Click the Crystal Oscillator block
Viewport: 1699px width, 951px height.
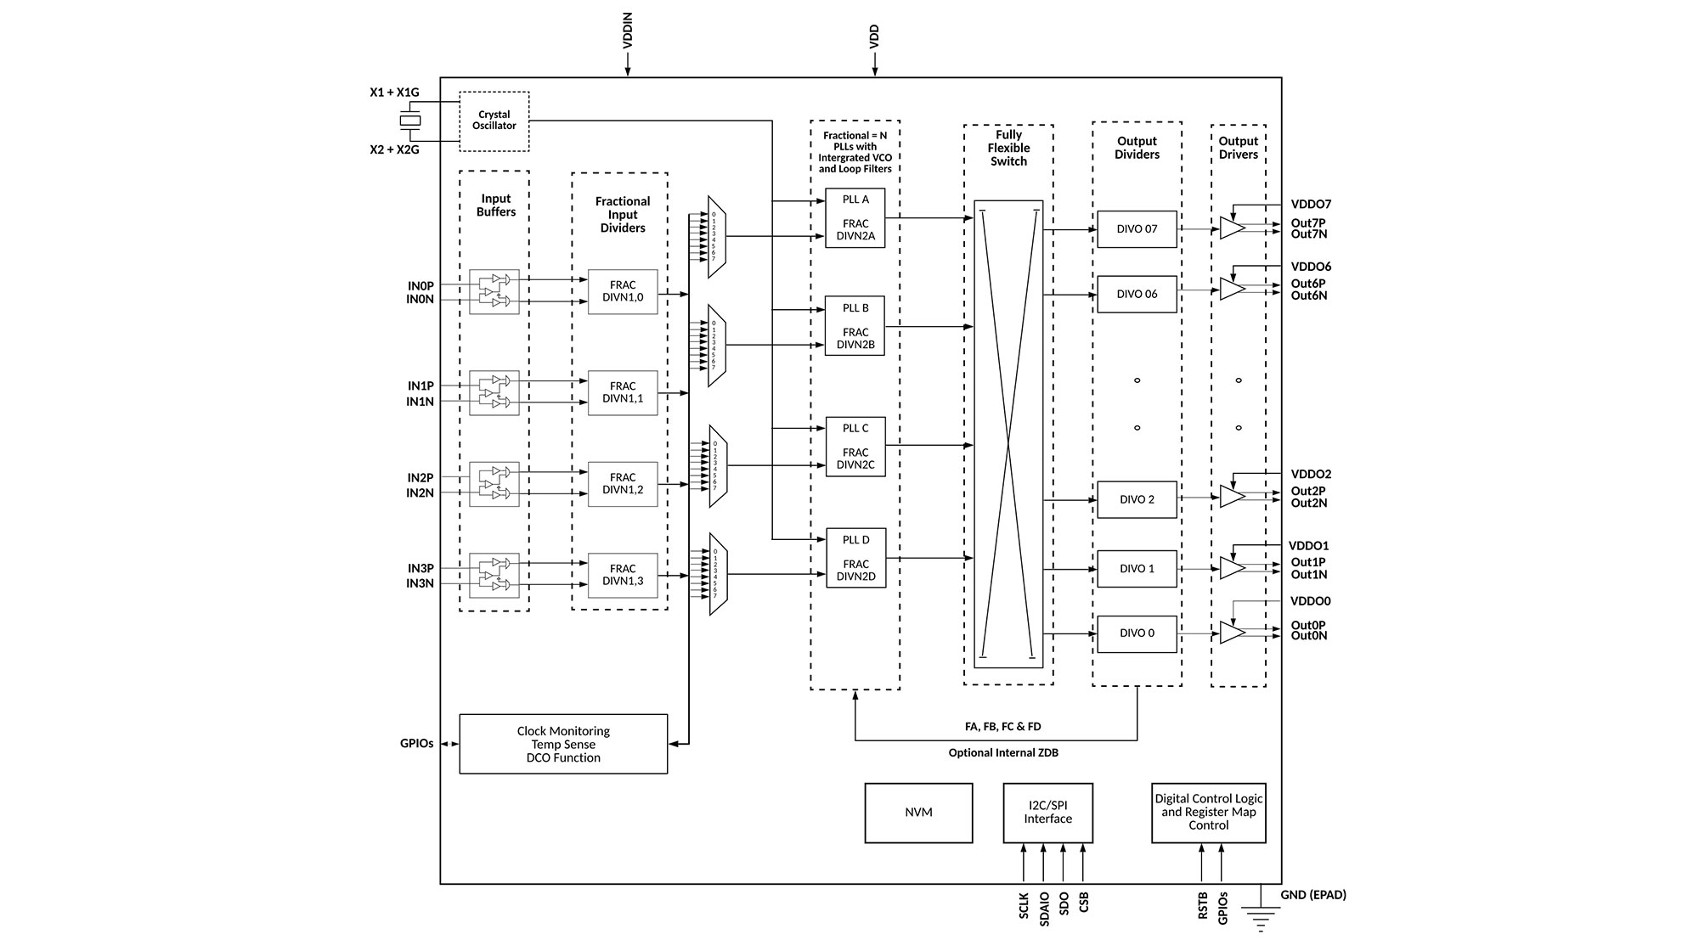coord(494,121)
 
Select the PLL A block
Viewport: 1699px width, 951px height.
coord(855,218)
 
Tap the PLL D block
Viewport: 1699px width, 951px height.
coord(855,558)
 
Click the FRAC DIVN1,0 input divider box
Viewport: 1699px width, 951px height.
coord(623,292)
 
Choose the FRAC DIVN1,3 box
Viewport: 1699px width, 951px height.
coord(623,576)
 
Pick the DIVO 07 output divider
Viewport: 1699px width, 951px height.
coord(1137,229)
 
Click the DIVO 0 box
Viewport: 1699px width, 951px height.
coord(1137,633)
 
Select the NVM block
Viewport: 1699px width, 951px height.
coord(918,813)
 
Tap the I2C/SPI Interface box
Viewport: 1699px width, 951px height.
coord(1047,813)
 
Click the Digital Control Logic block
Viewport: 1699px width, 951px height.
coord(1208,813)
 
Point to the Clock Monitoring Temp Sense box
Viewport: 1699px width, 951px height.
coord(563,744)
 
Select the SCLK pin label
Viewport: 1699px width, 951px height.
coord(1024,905)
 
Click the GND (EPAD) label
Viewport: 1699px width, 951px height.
coord(1313,895)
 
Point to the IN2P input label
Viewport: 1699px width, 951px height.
coord(420,478)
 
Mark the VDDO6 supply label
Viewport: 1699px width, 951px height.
coord(1311,267)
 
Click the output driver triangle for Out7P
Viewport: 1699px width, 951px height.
coord(1231,228)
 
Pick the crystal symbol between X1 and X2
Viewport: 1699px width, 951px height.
coord(410,121)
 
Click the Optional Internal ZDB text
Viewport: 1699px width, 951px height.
coord(1003,753)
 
